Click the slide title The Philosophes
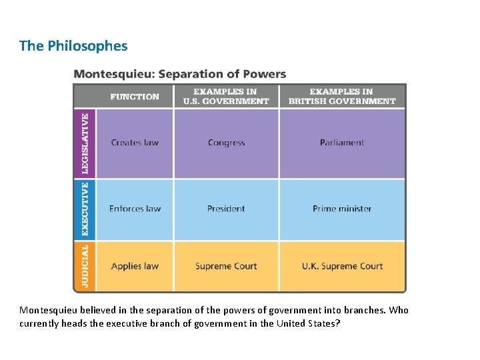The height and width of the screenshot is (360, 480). point(73,46)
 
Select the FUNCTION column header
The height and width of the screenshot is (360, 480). point(135,97)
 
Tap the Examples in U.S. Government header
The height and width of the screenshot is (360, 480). point(226,97)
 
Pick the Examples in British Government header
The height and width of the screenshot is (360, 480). point(341,97)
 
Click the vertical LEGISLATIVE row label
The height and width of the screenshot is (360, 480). point(85,143)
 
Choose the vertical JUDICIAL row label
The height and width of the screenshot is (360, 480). point(85,265)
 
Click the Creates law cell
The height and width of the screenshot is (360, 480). point(135,143)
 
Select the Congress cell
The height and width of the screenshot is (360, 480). point(226,143)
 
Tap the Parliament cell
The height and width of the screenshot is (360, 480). point(341,143)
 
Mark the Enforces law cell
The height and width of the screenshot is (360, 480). point(135,209)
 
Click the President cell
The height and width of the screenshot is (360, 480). point(226,209)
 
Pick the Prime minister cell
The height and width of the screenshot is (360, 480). point(341,209)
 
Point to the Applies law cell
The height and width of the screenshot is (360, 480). point(135,266)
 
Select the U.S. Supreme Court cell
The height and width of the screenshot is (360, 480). point(226,266)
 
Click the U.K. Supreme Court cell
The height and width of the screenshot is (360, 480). point(341,266)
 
